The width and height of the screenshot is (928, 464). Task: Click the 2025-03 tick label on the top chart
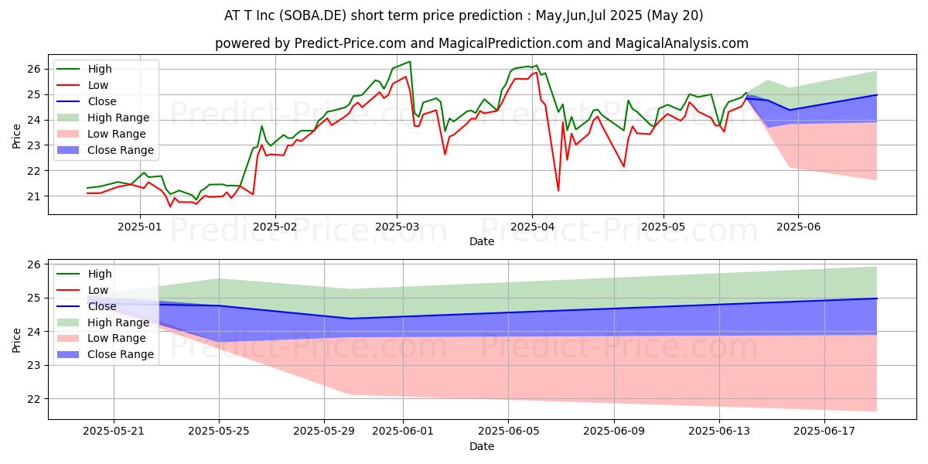396,227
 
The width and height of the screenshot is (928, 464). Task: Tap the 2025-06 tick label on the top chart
798,227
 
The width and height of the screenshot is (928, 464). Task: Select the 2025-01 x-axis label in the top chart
140,227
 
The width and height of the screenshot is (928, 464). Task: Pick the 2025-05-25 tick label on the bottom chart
219,432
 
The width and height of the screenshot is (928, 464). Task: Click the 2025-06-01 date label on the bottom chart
403,432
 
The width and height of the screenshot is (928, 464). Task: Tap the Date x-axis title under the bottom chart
481,446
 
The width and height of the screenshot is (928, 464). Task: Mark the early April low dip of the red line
558,190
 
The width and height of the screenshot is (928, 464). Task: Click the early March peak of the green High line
410,62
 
